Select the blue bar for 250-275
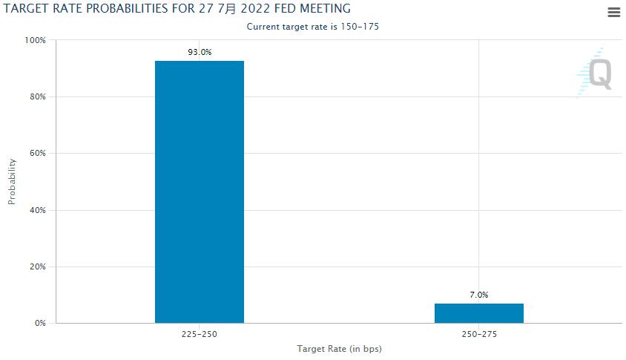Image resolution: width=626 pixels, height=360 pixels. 478,313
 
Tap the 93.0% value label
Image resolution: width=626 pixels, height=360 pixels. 200,52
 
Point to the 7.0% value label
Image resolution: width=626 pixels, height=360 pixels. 479,295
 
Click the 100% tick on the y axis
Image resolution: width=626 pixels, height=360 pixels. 36,40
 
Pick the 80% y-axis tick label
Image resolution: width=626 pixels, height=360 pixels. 38,96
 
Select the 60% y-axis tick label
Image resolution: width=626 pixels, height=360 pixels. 38,154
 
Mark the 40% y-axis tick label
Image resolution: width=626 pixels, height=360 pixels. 38,210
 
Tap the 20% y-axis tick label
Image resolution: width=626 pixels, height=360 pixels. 38,266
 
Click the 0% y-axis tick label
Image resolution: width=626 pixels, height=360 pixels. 40,324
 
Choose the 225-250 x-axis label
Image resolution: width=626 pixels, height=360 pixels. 199,335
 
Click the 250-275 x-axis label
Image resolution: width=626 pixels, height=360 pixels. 478,335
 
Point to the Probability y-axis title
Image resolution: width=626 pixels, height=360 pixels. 12,181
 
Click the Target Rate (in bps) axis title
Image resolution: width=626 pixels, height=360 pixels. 339,349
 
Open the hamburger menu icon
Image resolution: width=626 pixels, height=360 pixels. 613,12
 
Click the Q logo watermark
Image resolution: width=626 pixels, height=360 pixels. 598,74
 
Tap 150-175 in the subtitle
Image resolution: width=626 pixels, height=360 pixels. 363,27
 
